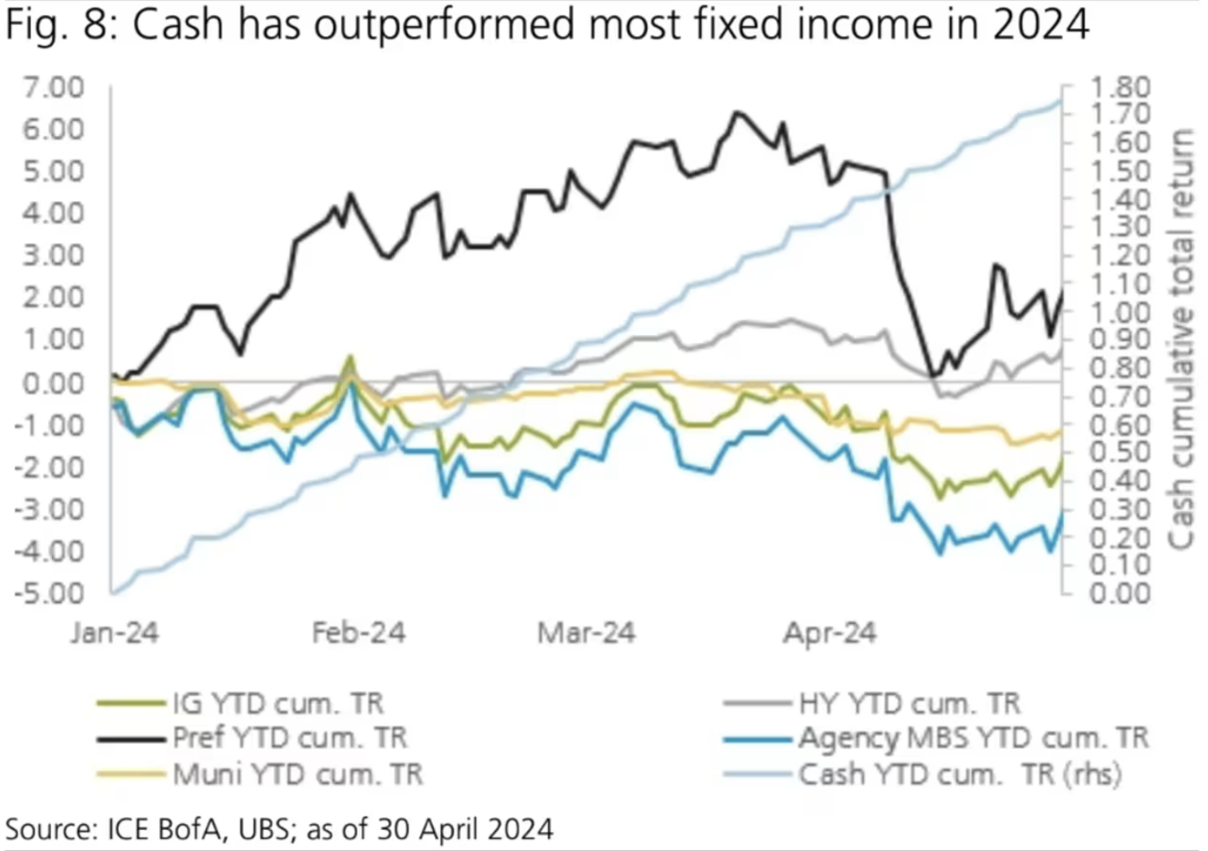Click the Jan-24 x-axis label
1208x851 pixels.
pyautogui.click(x=115, y=632)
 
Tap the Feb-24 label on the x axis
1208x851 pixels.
pyautogui.click(x=359, y=632)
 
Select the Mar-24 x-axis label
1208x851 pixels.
pyautogui.click(x=586, y=632)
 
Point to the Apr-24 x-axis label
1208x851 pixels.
pyautogui.click(x=830, y=632)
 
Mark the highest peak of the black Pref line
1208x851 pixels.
pyautogui.click(x=737, y=111)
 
